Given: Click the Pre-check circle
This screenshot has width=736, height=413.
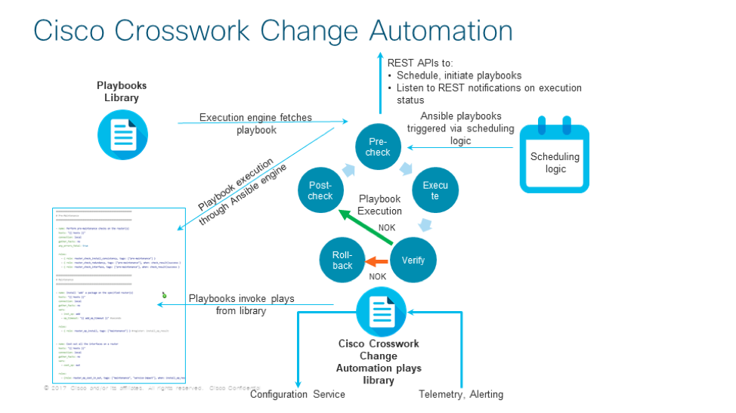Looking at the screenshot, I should click(x=378, y=147).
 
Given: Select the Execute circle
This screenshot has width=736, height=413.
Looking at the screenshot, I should click(x=435, y=190).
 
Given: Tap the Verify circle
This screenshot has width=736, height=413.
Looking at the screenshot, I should click(x=413, y=260).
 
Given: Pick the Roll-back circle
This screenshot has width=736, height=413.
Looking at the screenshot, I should click(x=342, y=260).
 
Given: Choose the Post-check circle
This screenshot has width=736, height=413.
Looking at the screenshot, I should click(x=320, y=191).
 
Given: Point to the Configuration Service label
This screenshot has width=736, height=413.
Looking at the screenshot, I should click(x=297, y=394).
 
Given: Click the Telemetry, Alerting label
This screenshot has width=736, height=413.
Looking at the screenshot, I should click(x=461, y=394).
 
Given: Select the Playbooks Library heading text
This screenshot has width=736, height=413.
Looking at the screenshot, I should click(x=122, y=91).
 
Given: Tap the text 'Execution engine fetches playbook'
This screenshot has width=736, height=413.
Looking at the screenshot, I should click(x=255, y=124).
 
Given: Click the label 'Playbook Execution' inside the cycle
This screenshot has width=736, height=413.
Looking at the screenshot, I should click(x=379, y=205).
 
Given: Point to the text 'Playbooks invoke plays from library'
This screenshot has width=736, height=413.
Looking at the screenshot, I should click(x=241, y=304).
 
